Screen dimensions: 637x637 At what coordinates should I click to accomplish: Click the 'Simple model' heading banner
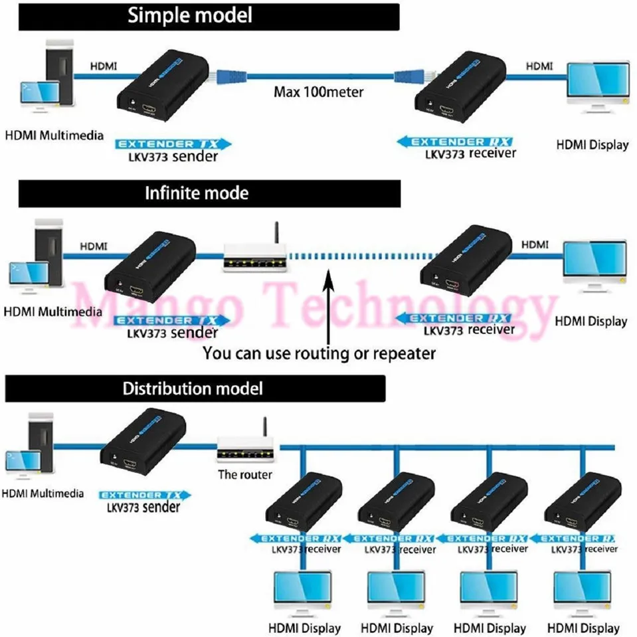click(x=209, y=16)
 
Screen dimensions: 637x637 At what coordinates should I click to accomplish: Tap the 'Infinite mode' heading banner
click(x=209, y=193)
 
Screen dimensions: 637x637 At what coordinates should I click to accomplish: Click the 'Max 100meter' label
click(x=319, y=92)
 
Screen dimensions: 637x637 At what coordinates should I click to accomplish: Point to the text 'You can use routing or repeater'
click(x=319, y=353)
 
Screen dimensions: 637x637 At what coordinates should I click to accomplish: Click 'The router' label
click(x=245, y=475)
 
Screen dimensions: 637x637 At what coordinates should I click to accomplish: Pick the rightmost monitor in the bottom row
click(x=582, y=594)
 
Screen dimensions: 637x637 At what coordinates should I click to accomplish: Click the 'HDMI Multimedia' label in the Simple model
click(x=54, y=136)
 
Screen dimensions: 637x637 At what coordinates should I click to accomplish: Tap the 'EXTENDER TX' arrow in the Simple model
click(x=172, y=143)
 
